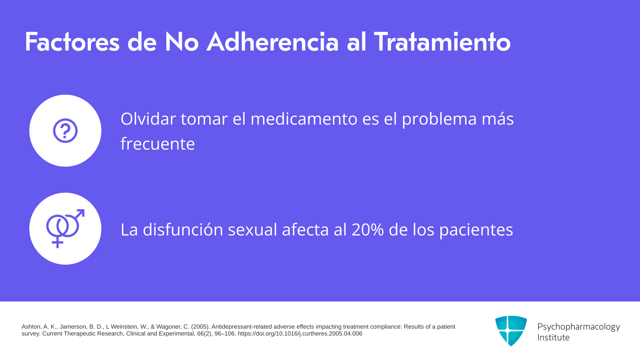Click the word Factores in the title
click(x=72, y=42)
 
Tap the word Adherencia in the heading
click(x=273, y=42)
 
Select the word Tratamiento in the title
click(x=442, y=42)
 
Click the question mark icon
click(x=65, y=131)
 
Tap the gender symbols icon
click(x=65, y=229)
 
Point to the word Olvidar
click(x=148, y=119)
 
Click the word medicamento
click(x=304, y=119)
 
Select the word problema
click(x=439, y=119)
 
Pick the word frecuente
click(x=158, y=144)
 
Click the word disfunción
click(x=183, y=229)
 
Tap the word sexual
click(x=253, y=229)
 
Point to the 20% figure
click(x=368, y=230)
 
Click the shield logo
click(x=511, y=331)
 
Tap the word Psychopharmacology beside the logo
click(x=579, y=327)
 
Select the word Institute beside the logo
click(x=554, y=337)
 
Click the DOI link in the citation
click(x=300, y=334)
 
